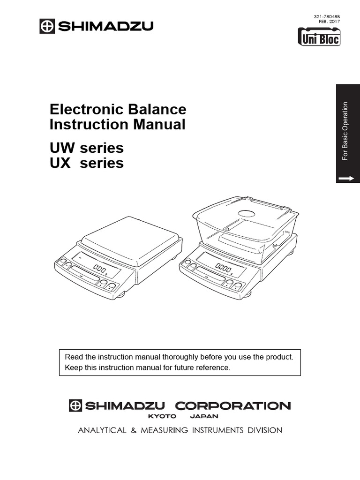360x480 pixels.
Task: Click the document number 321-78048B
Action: tap(327, 16)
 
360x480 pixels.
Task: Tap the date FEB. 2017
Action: tap(330, 22)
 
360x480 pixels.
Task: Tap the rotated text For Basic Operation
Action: tap(345, 131)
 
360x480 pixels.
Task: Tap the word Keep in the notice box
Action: tap(73, 367)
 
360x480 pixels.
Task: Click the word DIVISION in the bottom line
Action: tap(263, 430)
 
